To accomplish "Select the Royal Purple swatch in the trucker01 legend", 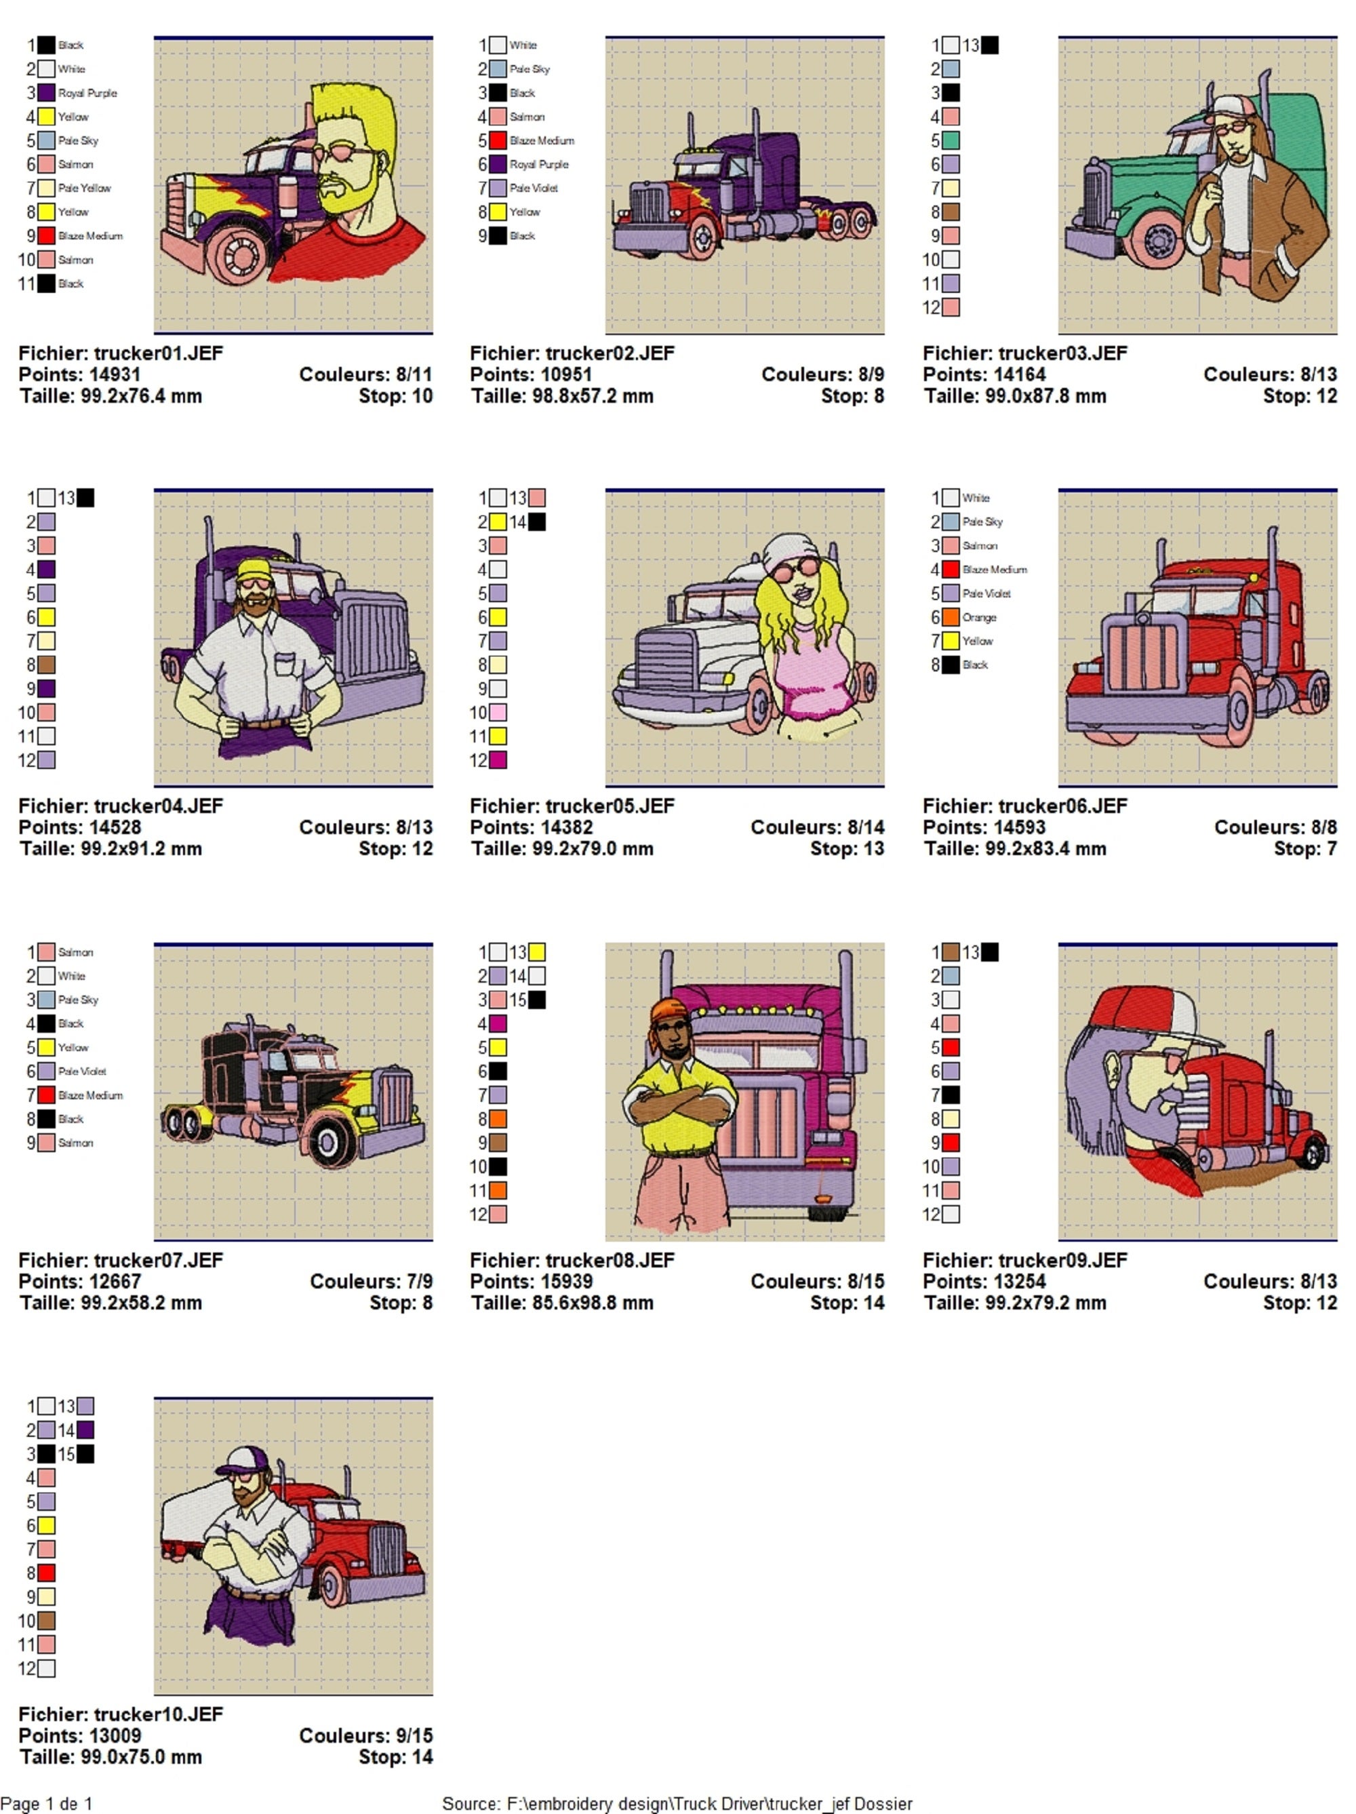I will pyautogui.click(x=47, y=93).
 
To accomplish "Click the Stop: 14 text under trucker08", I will pyautogui.click(x=847, y=1303).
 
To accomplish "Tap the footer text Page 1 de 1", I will pyautogui.click(x=47, y=1803).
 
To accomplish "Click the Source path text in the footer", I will pyautogui.click(x=677, y=1803).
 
